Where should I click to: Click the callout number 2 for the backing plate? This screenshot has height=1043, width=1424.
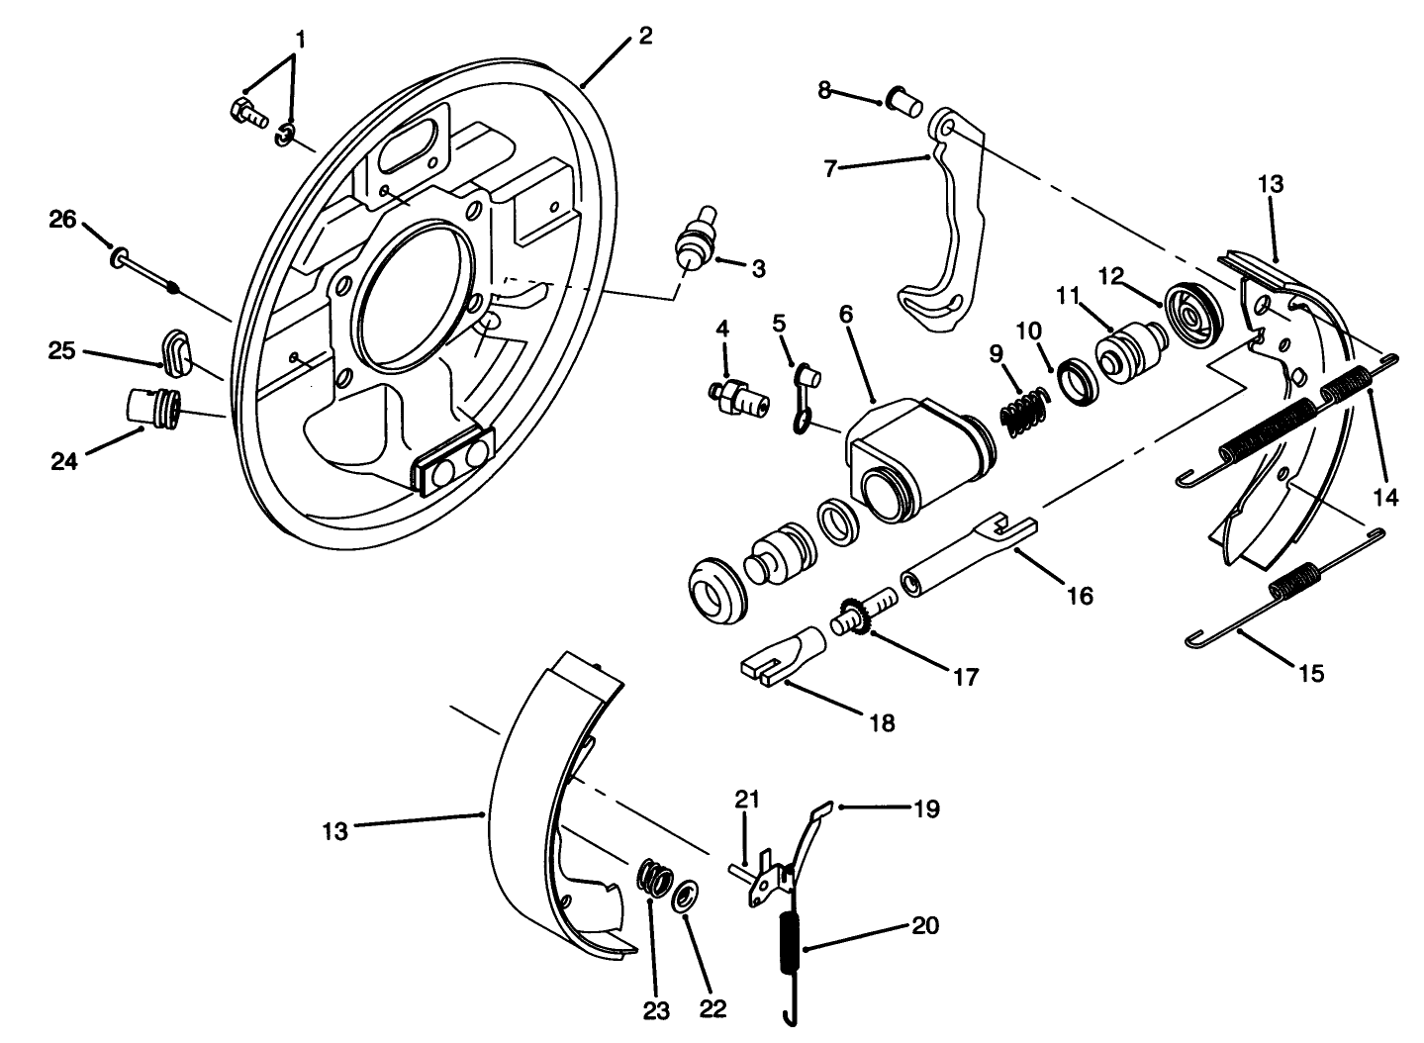pyautogui.click(x=645, y=37)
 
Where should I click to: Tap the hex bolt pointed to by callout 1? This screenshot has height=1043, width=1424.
pyautogui.click(x=247, y=114)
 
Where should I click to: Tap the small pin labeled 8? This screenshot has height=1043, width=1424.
pyautogui.click(x=903, y=100)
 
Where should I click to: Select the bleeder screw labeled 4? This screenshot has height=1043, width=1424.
pyautogui.click(x=740, y=397)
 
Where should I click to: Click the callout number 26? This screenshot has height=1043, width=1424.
pyautogui.click(x=62, y=219)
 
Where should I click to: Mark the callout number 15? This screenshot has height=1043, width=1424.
pyautogui.click(x=1312, y=673)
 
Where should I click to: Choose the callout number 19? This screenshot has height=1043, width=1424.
pyautogui.click(x=926, y=807)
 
